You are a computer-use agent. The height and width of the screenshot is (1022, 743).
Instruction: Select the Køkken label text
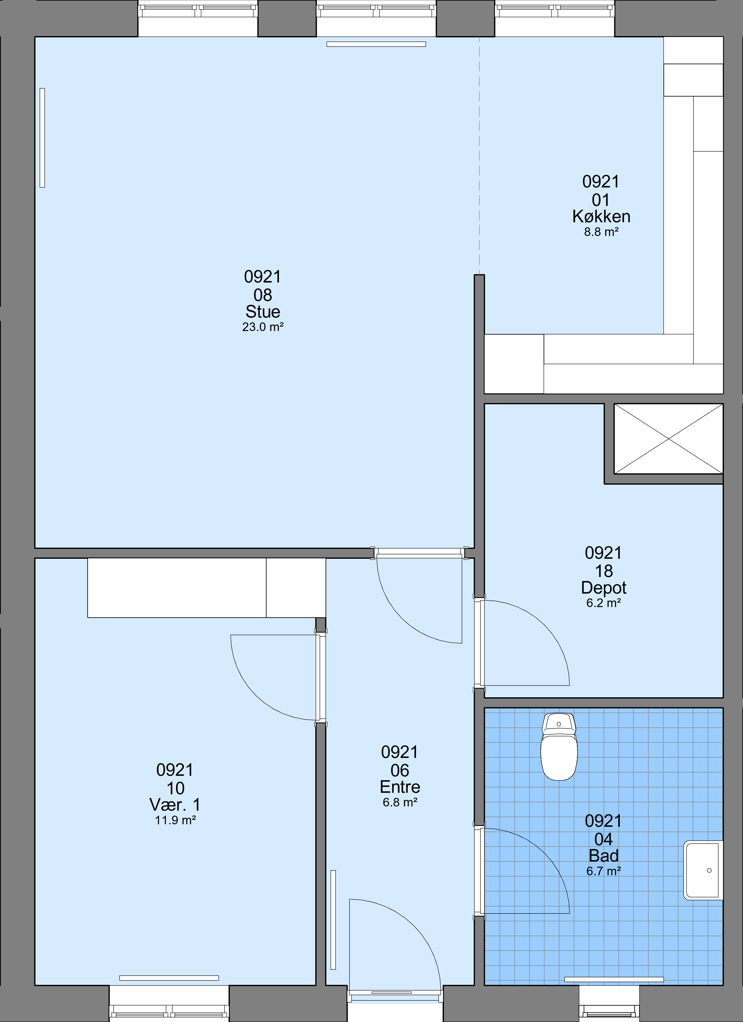tap(601, 217)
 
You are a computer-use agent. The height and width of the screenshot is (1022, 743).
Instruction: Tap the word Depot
tap(604, 588)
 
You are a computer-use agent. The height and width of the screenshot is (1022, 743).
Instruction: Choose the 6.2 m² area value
tap(604, 603)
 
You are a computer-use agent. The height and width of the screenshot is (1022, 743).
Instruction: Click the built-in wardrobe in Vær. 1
tap(206, 588)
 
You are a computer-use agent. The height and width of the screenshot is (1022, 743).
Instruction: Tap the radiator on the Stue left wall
tap(42, 137)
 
